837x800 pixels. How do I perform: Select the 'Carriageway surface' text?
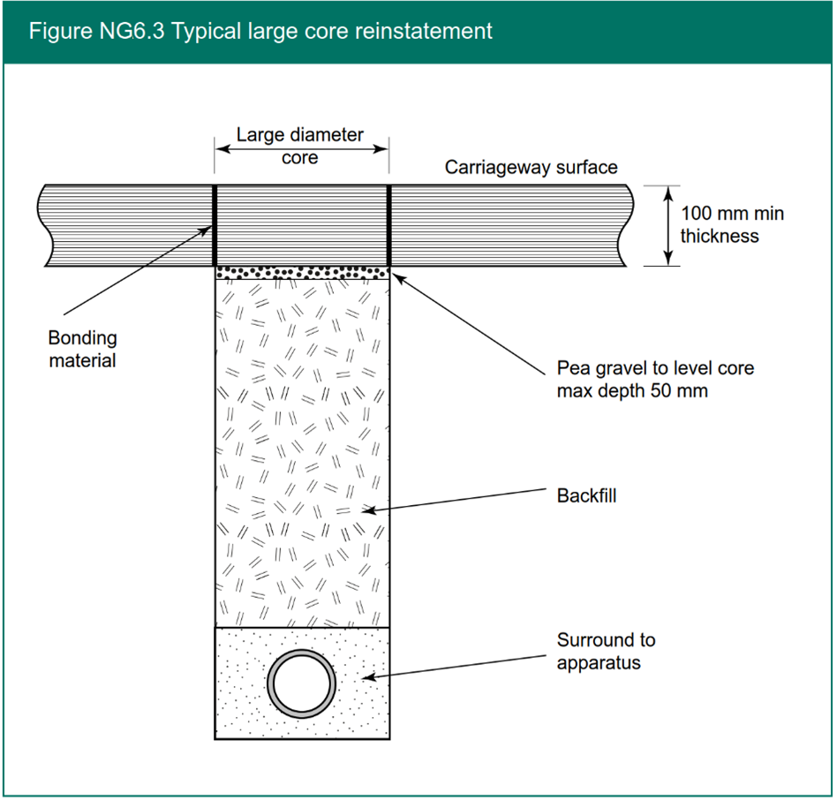point(531,167)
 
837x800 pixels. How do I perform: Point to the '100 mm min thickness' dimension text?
point(731,224)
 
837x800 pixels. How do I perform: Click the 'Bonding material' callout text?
point(82,349)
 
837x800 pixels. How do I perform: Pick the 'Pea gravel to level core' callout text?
point(655,368)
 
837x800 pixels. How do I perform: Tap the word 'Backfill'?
point(586,495)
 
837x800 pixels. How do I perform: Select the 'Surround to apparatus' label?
point(606,651)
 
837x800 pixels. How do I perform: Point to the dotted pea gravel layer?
point(302,272)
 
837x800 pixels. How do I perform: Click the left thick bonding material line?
point(215,225)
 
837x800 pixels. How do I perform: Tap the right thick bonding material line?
point(389,225)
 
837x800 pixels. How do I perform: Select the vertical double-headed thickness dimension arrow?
point(668,225)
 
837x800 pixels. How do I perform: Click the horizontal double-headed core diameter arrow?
point(302,148)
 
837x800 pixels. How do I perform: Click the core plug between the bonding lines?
point(302,225)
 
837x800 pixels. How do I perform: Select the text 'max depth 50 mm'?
point(632,389)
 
